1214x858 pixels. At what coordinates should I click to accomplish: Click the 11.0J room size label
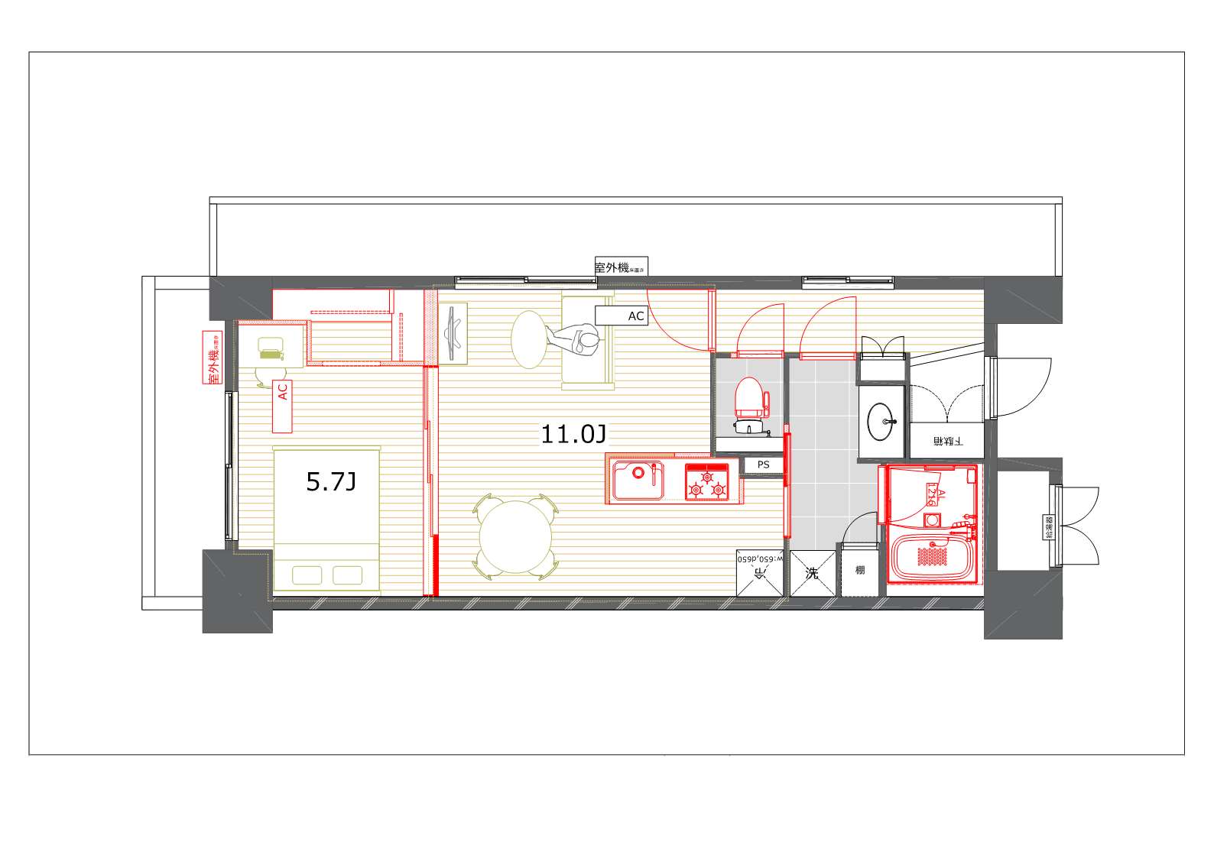[573, 435]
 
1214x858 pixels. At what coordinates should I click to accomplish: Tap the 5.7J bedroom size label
[330, 481]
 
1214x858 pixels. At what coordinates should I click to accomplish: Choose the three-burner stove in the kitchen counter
[706, 481]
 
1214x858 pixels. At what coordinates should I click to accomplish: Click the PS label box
[763, 465]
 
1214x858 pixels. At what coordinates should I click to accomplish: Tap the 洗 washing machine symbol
[812, 573]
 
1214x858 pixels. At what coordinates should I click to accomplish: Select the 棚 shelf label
[860, 570]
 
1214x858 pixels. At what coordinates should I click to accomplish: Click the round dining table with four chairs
[515, 536]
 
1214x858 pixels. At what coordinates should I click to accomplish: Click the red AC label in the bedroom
[282, 392]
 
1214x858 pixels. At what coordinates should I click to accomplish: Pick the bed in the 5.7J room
[326, 520]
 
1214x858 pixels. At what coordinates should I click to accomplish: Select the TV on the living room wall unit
[454, 332]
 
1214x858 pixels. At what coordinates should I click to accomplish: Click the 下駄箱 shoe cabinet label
[946, 442]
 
